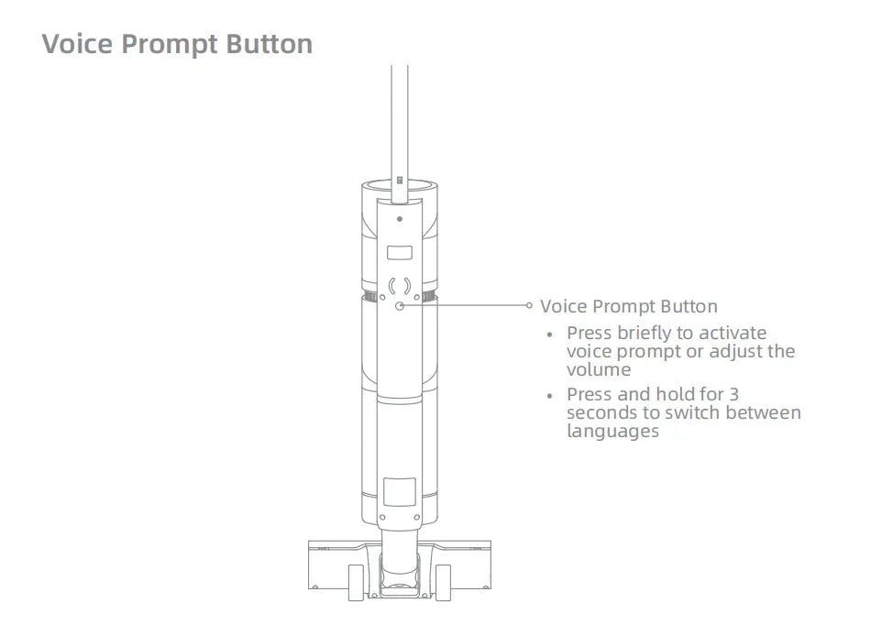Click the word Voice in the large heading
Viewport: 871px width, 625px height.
pos(77,44)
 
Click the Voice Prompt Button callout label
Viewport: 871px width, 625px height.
pos(629,306)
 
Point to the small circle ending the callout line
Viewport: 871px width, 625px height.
pos(529,305)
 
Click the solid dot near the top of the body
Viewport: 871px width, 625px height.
pos(400,219)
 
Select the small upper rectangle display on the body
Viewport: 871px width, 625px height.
pos(400,253)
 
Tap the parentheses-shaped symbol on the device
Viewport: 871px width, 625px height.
pos(400,287)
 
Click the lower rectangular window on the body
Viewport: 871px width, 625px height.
pos(400,491)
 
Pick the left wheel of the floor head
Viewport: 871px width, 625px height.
pos(356,582)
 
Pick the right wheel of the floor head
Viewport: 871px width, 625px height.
pos(443,582)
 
